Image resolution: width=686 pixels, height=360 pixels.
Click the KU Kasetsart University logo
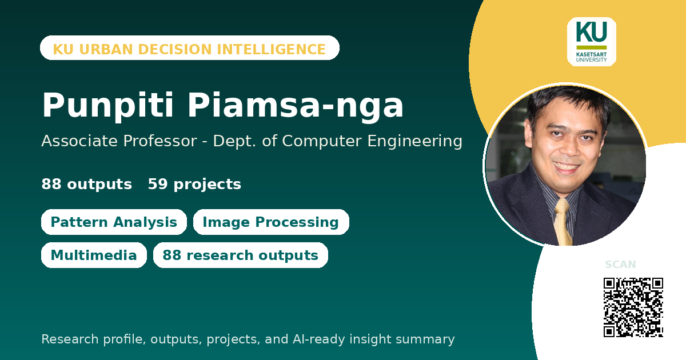click(x=591, y=42)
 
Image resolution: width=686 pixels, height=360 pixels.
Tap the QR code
click(x=633, y=307)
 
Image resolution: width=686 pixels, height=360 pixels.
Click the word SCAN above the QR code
click(x=620, y=264)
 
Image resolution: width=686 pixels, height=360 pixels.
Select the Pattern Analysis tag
click(x=114, y=222)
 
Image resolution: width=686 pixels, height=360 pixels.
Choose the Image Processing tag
click(x=271, y=222)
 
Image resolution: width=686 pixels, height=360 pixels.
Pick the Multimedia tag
click(x=94, y=255)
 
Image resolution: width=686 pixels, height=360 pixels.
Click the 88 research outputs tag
click(x=241, y=255)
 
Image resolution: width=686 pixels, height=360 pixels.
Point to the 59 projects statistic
click(x=194, y=184)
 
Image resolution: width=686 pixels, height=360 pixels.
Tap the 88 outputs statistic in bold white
click(x=87, y=184)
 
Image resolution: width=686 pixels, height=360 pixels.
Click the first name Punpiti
click(x=108, y=106)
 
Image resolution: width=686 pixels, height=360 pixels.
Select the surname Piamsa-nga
click(x=296, y=106)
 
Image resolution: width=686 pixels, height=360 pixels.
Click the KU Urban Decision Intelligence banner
click(x=190, y=48)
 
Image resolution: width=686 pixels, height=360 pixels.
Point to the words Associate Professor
click(x=119, y=141)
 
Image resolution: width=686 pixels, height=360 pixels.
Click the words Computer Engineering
click(x=372, y=142)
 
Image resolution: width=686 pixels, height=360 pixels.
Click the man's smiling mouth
click(x=565, y=167)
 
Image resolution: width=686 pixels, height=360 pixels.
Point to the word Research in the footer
click(x=70, y=339)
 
